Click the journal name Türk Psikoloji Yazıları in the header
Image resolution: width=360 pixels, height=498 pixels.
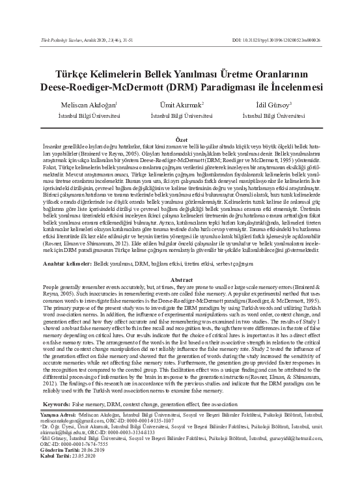pos(64,40)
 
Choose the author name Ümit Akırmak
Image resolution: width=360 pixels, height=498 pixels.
pos(180,104)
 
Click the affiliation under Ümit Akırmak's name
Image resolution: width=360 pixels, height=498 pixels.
pos(181,115)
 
